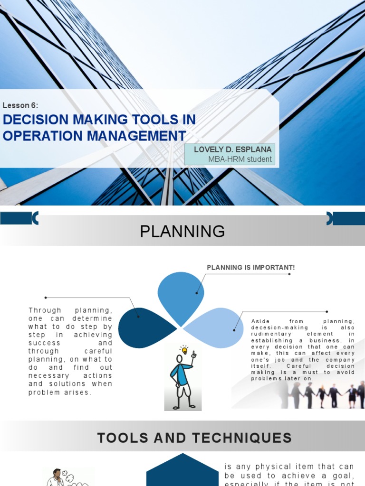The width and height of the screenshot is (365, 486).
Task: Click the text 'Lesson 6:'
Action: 20,105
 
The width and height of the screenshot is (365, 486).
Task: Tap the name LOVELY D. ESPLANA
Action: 233,150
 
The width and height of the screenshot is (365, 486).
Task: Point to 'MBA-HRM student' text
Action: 240,159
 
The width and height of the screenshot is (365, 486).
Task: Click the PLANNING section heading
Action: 182,232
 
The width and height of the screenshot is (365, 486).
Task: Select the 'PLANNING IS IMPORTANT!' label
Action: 250,268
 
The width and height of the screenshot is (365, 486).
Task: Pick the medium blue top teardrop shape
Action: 181,294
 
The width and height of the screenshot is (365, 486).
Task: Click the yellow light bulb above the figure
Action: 184,350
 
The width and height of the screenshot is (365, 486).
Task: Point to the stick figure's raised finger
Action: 193,354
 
